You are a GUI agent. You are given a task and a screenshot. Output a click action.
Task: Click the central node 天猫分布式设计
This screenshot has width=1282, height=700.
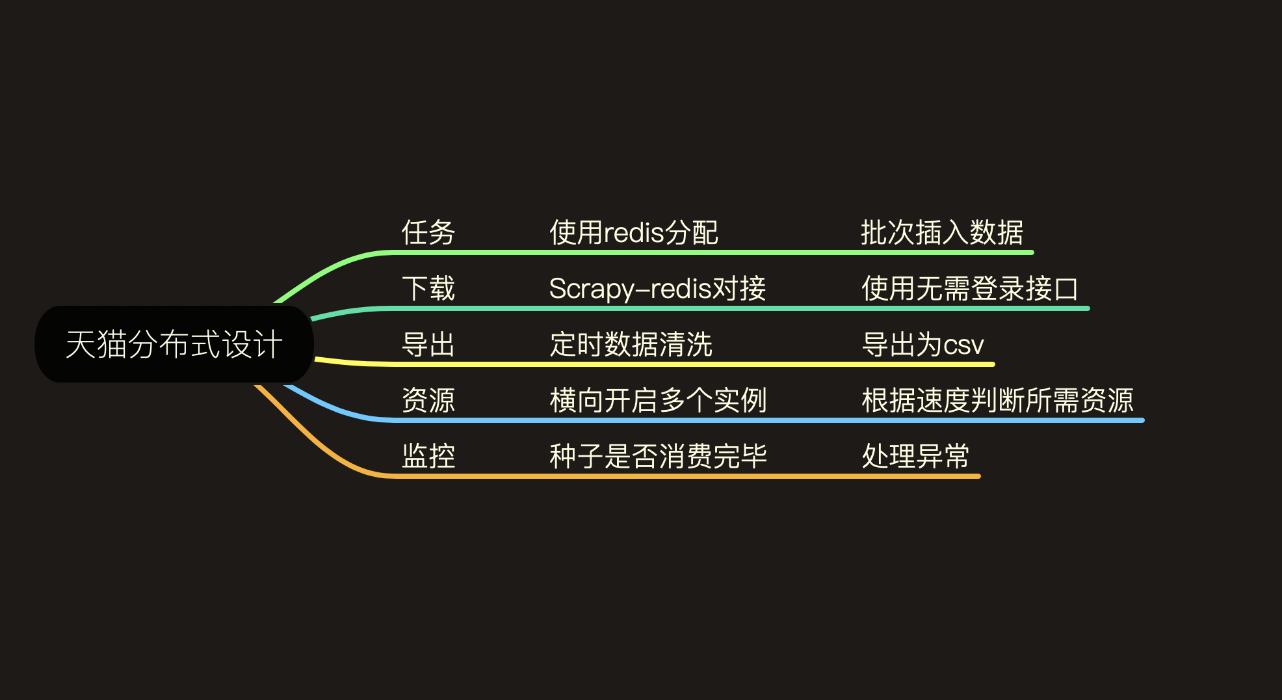[x=174, y=344]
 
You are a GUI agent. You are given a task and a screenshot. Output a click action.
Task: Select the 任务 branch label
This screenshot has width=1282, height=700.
[x=428, y=233]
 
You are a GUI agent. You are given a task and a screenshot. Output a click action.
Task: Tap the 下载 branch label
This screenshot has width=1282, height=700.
[x=428, y=289]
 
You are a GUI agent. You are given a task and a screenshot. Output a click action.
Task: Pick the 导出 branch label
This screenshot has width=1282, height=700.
[x=428, y=345]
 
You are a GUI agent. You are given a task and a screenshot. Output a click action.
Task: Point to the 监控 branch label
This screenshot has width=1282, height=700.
[x=428, y=456]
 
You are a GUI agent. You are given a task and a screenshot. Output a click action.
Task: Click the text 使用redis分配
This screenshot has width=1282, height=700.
[x=633, y=233]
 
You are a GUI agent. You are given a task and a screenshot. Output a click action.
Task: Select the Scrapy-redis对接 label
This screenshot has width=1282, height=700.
[x=657, y=289]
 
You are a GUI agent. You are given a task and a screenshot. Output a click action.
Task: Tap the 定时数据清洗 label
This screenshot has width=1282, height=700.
[x=631, y=345]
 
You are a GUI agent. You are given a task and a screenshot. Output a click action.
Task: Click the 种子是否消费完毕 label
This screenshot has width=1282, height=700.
[x=658, y=456]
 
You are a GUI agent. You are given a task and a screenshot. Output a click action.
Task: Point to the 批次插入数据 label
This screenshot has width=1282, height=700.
[x=942, y=233]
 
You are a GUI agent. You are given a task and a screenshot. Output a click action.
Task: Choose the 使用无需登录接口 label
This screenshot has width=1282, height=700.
[x=969, y=289]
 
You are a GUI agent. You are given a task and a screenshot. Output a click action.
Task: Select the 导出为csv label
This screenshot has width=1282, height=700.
[x=922, y=345]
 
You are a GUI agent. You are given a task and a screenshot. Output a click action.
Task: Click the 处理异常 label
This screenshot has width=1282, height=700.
[x=915, y=456]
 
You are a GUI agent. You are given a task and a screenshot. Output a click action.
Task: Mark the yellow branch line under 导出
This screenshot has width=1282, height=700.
[x=650, y=364]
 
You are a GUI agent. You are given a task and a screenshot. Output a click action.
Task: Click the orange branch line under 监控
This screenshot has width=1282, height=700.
[x=650, y=476]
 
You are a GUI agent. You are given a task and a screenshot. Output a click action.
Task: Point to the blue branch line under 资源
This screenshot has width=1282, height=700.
[x=650, y=420]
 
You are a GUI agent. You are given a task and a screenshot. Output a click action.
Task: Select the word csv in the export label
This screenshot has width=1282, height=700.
[x=963, y=345]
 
